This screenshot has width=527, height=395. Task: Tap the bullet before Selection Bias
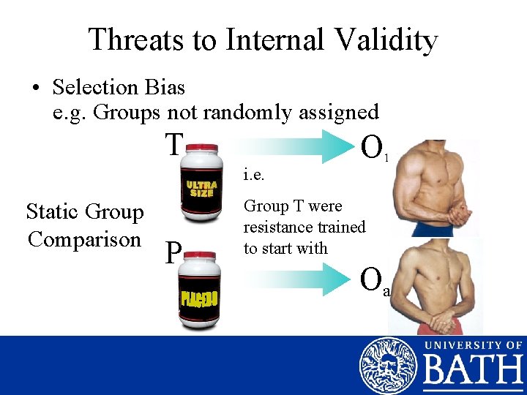[x=36, y=89]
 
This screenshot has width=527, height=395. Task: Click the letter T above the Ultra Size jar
[x=173, y=144]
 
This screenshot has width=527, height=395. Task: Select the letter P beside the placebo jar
[x=173, y=253]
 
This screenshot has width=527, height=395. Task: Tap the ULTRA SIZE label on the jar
[x=201, y=189]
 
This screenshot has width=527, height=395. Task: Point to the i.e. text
[x=253, y=176]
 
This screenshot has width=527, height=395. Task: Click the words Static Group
[x=85, y=212]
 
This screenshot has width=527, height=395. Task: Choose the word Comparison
[x=84, y=239]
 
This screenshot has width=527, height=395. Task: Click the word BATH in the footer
[x=472, y=373]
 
